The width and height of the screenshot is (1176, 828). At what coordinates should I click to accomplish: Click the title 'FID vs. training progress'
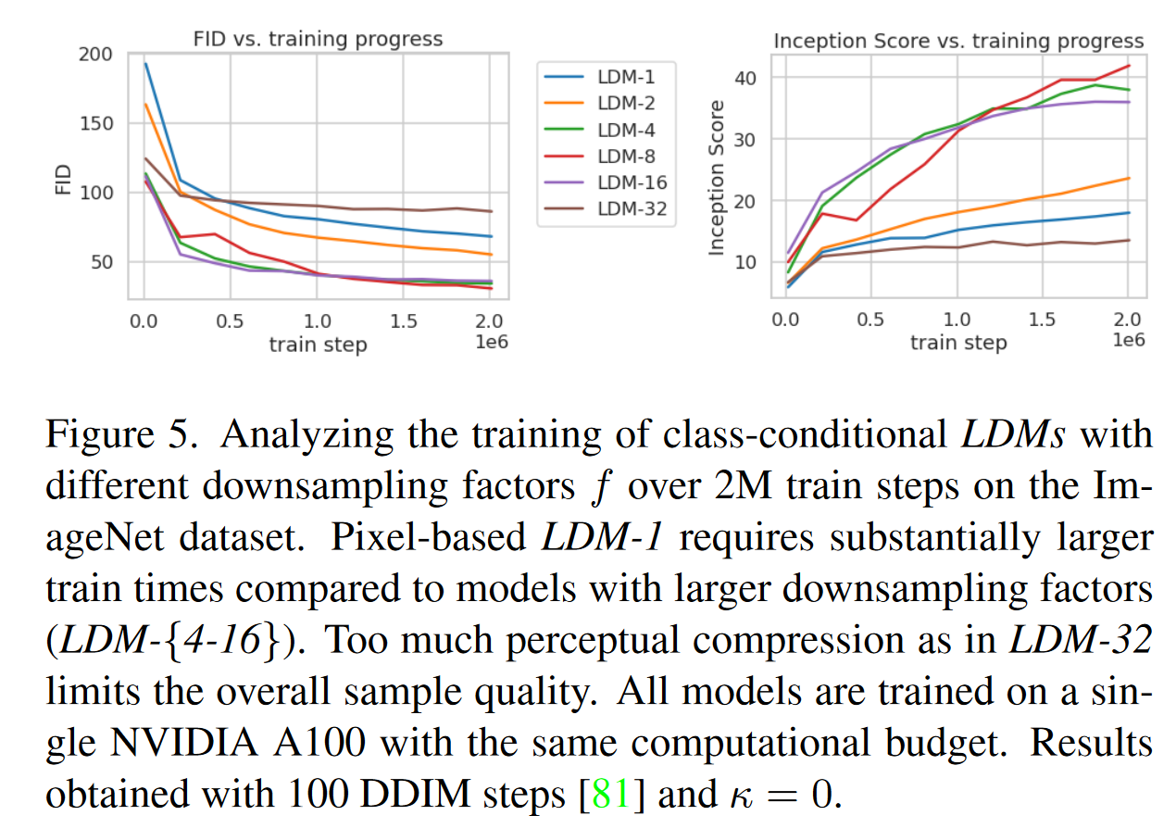tap(317, 39)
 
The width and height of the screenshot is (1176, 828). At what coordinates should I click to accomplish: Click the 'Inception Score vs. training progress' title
tap(958, 42)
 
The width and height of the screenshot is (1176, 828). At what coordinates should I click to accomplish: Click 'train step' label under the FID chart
tap(318, 345)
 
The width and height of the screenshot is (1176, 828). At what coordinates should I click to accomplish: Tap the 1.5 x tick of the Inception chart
tap(1043, 320)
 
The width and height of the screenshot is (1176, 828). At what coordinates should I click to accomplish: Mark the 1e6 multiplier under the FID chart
tap(490, 342)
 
